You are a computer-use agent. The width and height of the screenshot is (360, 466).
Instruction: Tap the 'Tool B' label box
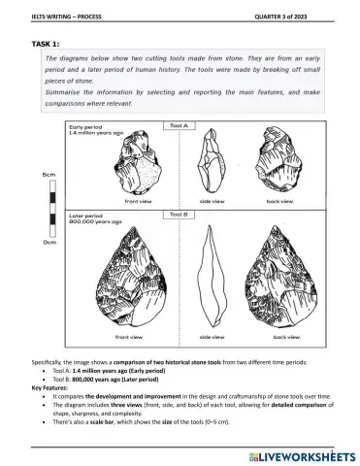pos(180,215)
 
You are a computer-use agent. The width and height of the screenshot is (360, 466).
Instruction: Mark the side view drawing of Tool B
pos(212,277)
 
